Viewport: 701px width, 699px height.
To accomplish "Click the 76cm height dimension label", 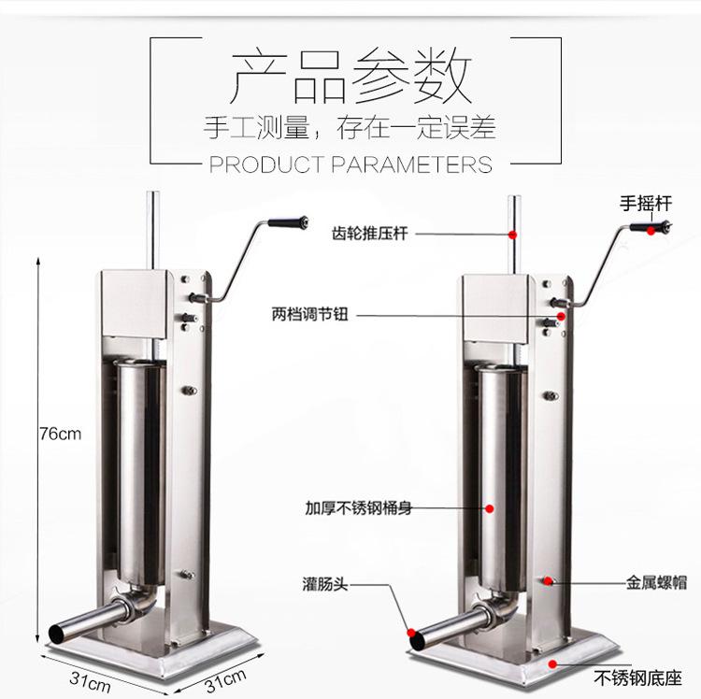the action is click(61, 434).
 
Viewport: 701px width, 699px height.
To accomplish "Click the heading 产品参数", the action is click(351, 76).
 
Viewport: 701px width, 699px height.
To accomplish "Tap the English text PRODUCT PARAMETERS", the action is click(350, 164).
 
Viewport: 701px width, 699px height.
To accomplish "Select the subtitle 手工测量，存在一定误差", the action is click(350, 127).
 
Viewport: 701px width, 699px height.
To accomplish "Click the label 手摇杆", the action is click(646, 204).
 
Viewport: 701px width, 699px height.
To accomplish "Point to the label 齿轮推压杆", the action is click(369, 233).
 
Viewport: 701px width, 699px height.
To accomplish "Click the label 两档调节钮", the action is click(309, 314).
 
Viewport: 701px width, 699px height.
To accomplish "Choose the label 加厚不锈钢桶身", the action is click(358, 508).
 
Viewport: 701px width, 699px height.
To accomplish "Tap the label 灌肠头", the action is click(325, 584).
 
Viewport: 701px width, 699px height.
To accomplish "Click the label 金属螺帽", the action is click(656, 583).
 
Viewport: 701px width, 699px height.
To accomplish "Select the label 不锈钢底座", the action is click(637, 678).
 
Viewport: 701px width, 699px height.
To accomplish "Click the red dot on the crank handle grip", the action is click(651, 231).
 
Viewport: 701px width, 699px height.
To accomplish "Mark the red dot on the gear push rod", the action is click(513, 235).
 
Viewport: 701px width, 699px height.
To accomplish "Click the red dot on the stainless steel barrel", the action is click(490, 508).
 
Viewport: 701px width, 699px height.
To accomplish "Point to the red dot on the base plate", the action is click(553, 664).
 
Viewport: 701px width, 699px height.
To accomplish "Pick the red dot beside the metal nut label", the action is click(548, 581).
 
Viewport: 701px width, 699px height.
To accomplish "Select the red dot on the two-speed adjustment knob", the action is click(561, 317).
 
